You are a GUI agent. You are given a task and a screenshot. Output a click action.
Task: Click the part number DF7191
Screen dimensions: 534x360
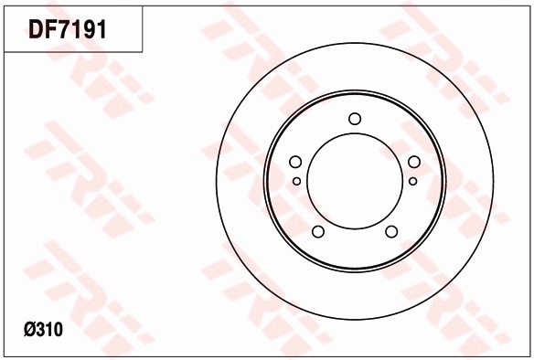68,29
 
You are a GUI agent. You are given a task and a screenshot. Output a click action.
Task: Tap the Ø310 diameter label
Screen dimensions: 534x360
43,330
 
